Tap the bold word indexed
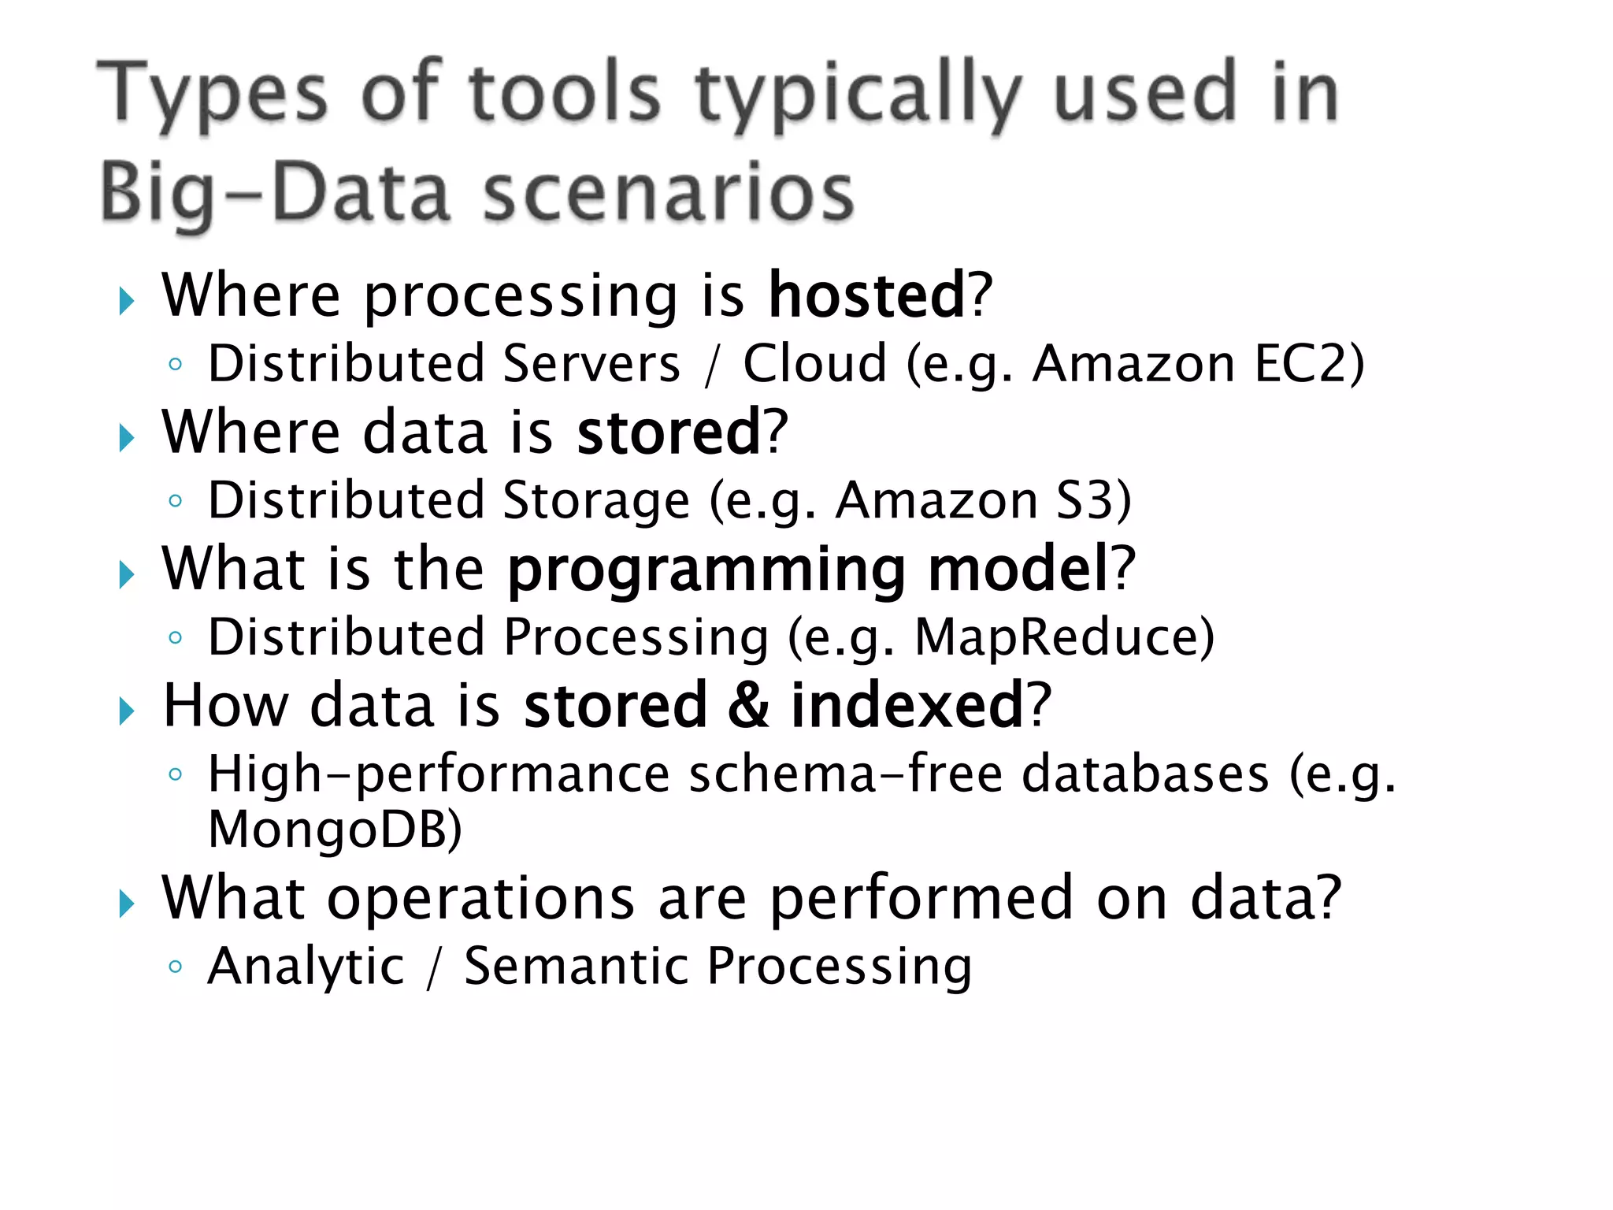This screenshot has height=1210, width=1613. pos(907,705)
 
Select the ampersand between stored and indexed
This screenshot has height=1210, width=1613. pos(747,705)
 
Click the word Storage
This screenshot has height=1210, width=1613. pos(596,500)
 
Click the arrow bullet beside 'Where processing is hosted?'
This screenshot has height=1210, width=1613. pos(126,301)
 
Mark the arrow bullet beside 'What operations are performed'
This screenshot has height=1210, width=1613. pos(126,904)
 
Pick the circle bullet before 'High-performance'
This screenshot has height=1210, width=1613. pos(176,774)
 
